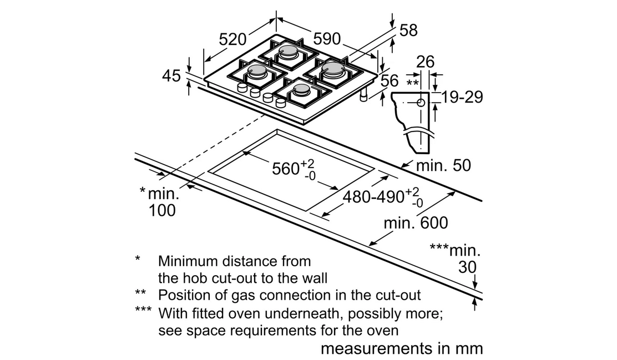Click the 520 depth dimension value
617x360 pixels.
click(232, 39)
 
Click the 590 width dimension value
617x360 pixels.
click(327, 39)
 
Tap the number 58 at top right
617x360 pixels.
click(408, 31)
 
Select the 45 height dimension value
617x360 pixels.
click(171, 75)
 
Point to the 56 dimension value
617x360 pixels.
click(390, 80)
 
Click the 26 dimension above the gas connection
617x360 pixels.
click(425, 62)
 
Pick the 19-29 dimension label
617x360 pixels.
click(461, 97)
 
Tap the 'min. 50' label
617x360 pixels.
click(443, 165)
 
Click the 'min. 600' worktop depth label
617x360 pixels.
click(416, 223)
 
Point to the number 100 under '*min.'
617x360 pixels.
click(161, 210)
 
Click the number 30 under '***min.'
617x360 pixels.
click(467, 267)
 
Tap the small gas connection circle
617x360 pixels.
click(421, 103)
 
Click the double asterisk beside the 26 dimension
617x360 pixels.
click(412, 83)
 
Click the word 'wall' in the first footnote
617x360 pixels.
click(313, 278)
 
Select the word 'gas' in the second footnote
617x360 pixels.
click(244, 296)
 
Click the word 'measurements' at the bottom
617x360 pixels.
click(371, 348)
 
